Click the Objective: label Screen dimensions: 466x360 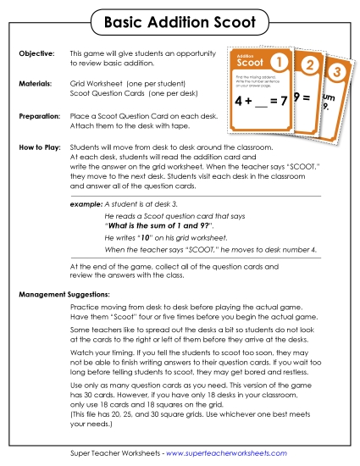point(36,53)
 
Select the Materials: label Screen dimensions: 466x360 point(36,84)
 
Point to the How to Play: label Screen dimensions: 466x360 point(39,147)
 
